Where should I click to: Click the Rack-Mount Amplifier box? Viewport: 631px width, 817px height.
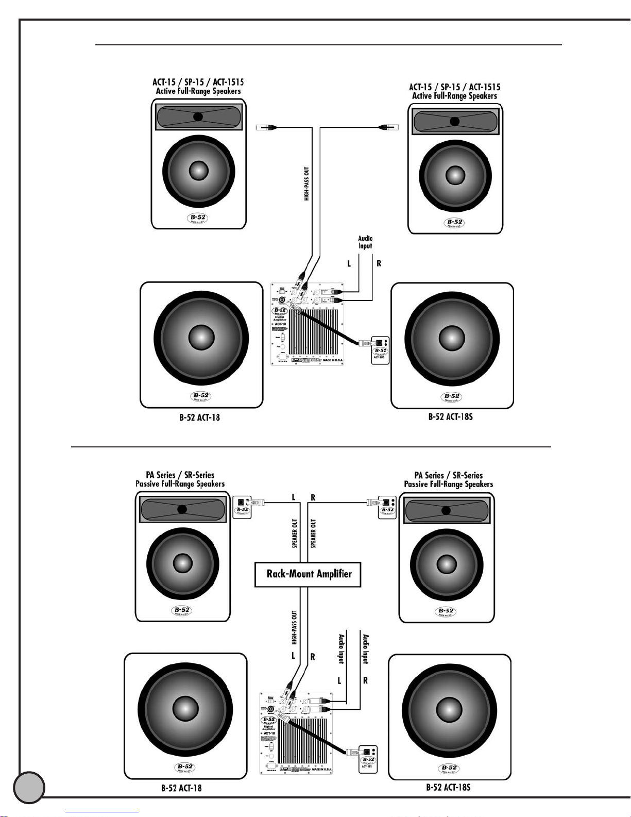click(x=308, y=574)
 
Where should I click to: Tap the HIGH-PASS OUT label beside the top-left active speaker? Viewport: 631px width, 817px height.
click(x=307, y=184)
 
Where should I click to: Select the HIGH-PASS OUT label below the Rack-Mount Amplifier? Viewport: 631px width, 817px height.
click(x=295, y=628)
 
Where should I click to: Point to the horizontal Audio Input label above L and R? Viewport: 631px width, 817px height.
click(x=365, y=242)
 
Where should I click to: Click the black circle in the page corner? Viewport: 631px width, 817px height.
click(x=29, y=787)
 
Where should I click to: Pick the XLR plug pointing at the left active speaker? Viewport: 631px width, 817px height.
click(x=267, y=127)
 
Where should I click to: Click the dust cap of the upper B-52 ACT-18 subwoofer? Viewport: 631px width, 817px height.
click(x=201, y=338)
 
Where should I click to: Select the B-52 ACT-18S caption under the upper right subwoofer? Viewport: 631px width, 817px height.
click(x=450, y=416)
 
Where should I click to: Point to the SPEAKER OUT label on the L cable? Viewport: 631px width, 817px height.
click(x=295, y=533)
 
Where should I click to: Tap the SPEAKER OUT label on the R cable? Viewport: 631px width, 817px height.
click(x=313, y=533)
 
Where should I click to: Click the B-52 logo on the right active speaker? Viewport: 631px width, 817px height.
click(x=454, y=223)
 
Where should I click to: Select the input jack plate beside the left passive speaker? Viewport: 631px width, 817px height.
click(x=242, y=507)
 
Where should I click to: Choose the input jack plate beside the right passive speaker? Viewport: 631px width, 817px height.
click(x=387, y=507)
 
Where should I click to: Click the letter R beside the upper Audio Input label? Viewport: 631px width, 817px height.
click(x=379, y=263)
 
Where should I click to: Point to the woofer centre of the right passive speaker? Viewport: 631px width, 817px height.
click(x=446, y=564)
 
